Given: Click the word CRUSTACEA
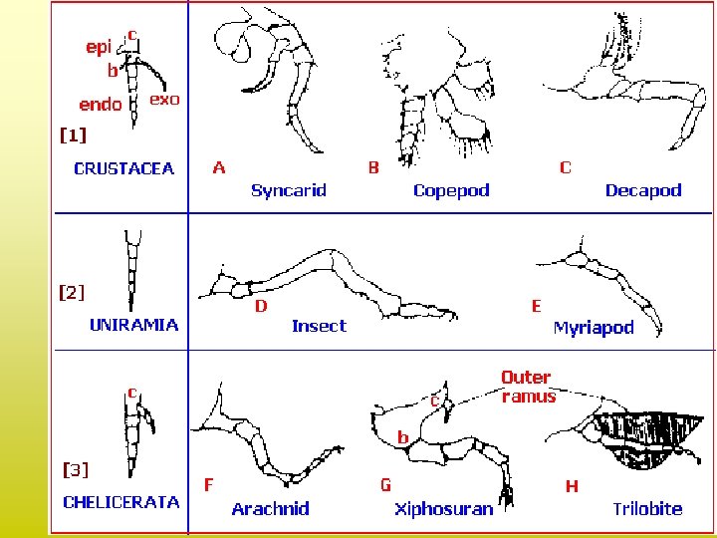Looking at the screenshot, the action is point(123,168).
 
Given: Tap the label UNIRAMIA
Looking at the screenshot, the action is point(134,324).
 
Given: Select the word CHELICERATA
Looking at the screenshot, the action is point(121,501).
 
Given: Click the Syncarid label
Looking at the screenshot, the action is point(288,190).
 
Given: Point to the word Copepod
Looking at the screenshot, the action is point(451,190).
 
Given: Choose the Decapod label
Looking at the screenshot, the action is point(643,190).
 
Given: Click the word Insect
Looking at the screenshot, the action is point(319,326).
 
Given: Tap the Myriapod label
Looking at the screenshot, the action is point(594,328).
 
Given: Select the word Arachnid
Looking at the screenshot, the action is point(270,509).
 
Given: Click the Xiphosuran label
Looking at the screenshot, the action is point(443,509).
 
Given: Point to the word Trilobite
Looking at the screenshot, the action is point(647,509).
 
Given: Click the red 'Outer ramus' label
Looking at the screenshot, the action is point(527,387).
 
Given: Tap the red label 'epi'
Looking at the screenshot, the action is point(99,47).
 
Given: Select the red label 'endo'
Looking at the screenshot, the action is point(101,104).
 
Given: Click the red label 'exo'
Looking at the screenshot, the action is point(163,99).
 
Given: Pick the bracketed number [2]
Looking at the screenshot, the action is point(73,292).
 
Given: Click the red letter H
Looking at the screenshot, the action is point(572,486).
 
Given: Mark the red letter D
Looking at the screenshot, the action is point(261,306).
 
